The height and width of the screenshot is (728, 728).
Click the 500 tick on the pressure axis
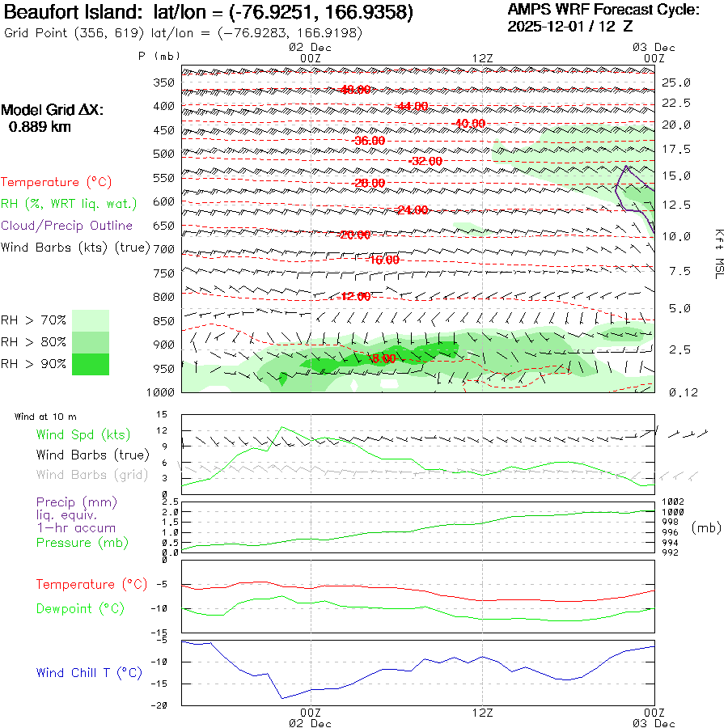click(164, 154)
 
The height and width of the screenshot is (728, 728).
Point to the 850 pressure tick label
click(164, 321)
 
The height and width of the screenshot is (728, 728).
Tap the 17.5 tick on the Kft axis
click(676, 150)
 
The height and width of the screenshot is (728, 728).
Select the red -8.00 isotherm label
click(383, 358)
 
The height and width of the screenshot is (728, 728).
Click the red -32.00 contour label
click(426, 161)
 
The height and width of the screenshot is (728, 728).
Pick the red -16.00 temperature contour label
click(383, 260)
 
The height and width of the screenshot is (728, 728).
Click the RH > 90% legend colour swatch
click(91, 365)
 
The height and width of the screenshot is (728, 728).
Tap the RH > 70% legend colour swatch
click(91, 320)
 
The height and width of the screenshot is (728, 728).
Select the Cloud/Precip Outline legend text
click(67, 226)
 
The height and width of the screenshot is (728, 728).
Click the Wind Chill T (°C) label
click(89, 672)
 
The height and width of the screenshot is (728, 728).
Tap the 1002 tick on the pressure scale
click(674, 502)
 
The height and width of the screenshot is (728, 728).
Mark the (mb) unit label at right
click(705, 527)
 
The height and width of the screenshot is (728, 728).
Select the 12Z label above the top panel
click(483, 58)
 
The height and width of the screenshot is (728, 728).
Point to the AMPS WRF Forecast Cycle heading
click(603, 10)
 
